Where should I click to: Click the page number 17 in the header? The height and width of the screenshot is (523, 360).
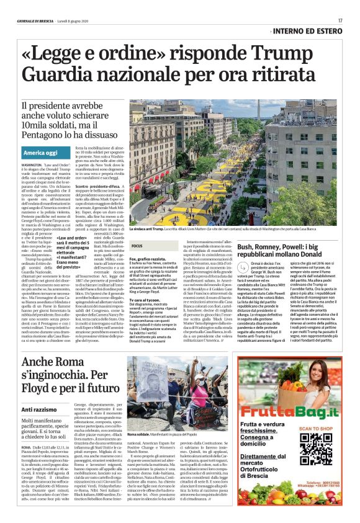pyautogui.click(x=340, y=20)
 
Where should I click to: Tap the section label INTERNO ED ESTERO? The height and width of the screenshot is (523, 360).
pyautogui.click(x=308, y=31)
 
